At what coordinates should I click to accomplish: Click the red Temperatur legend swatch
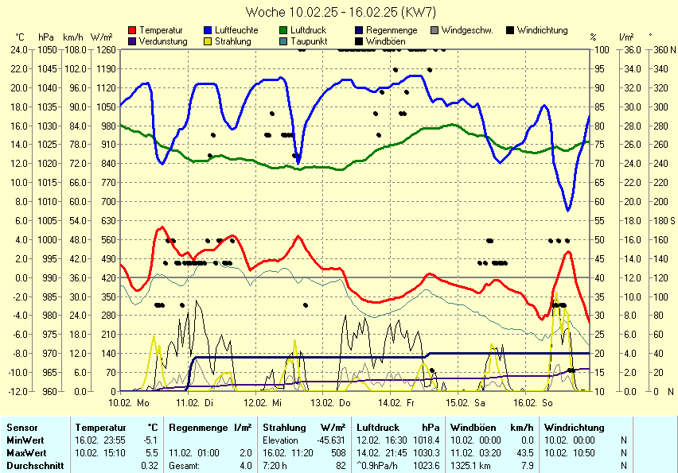pyautogui.click(x=132, y=30)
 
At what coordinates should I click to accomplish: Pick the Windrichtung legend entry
pyautogui.click(x=542, y=30)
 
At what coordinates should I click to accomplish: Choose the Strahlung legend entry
pyautogui.click(x=233, y=41)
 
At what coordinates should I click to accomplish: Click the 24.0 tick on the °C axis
pyautogui.click(x=19, y=49)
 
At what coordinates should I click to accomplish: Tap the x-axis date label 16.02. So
pyautogui.click(x=538, y=403)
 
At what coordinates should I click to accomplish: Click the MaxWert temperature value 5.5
pyautogui.click(x=153, y=452)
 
